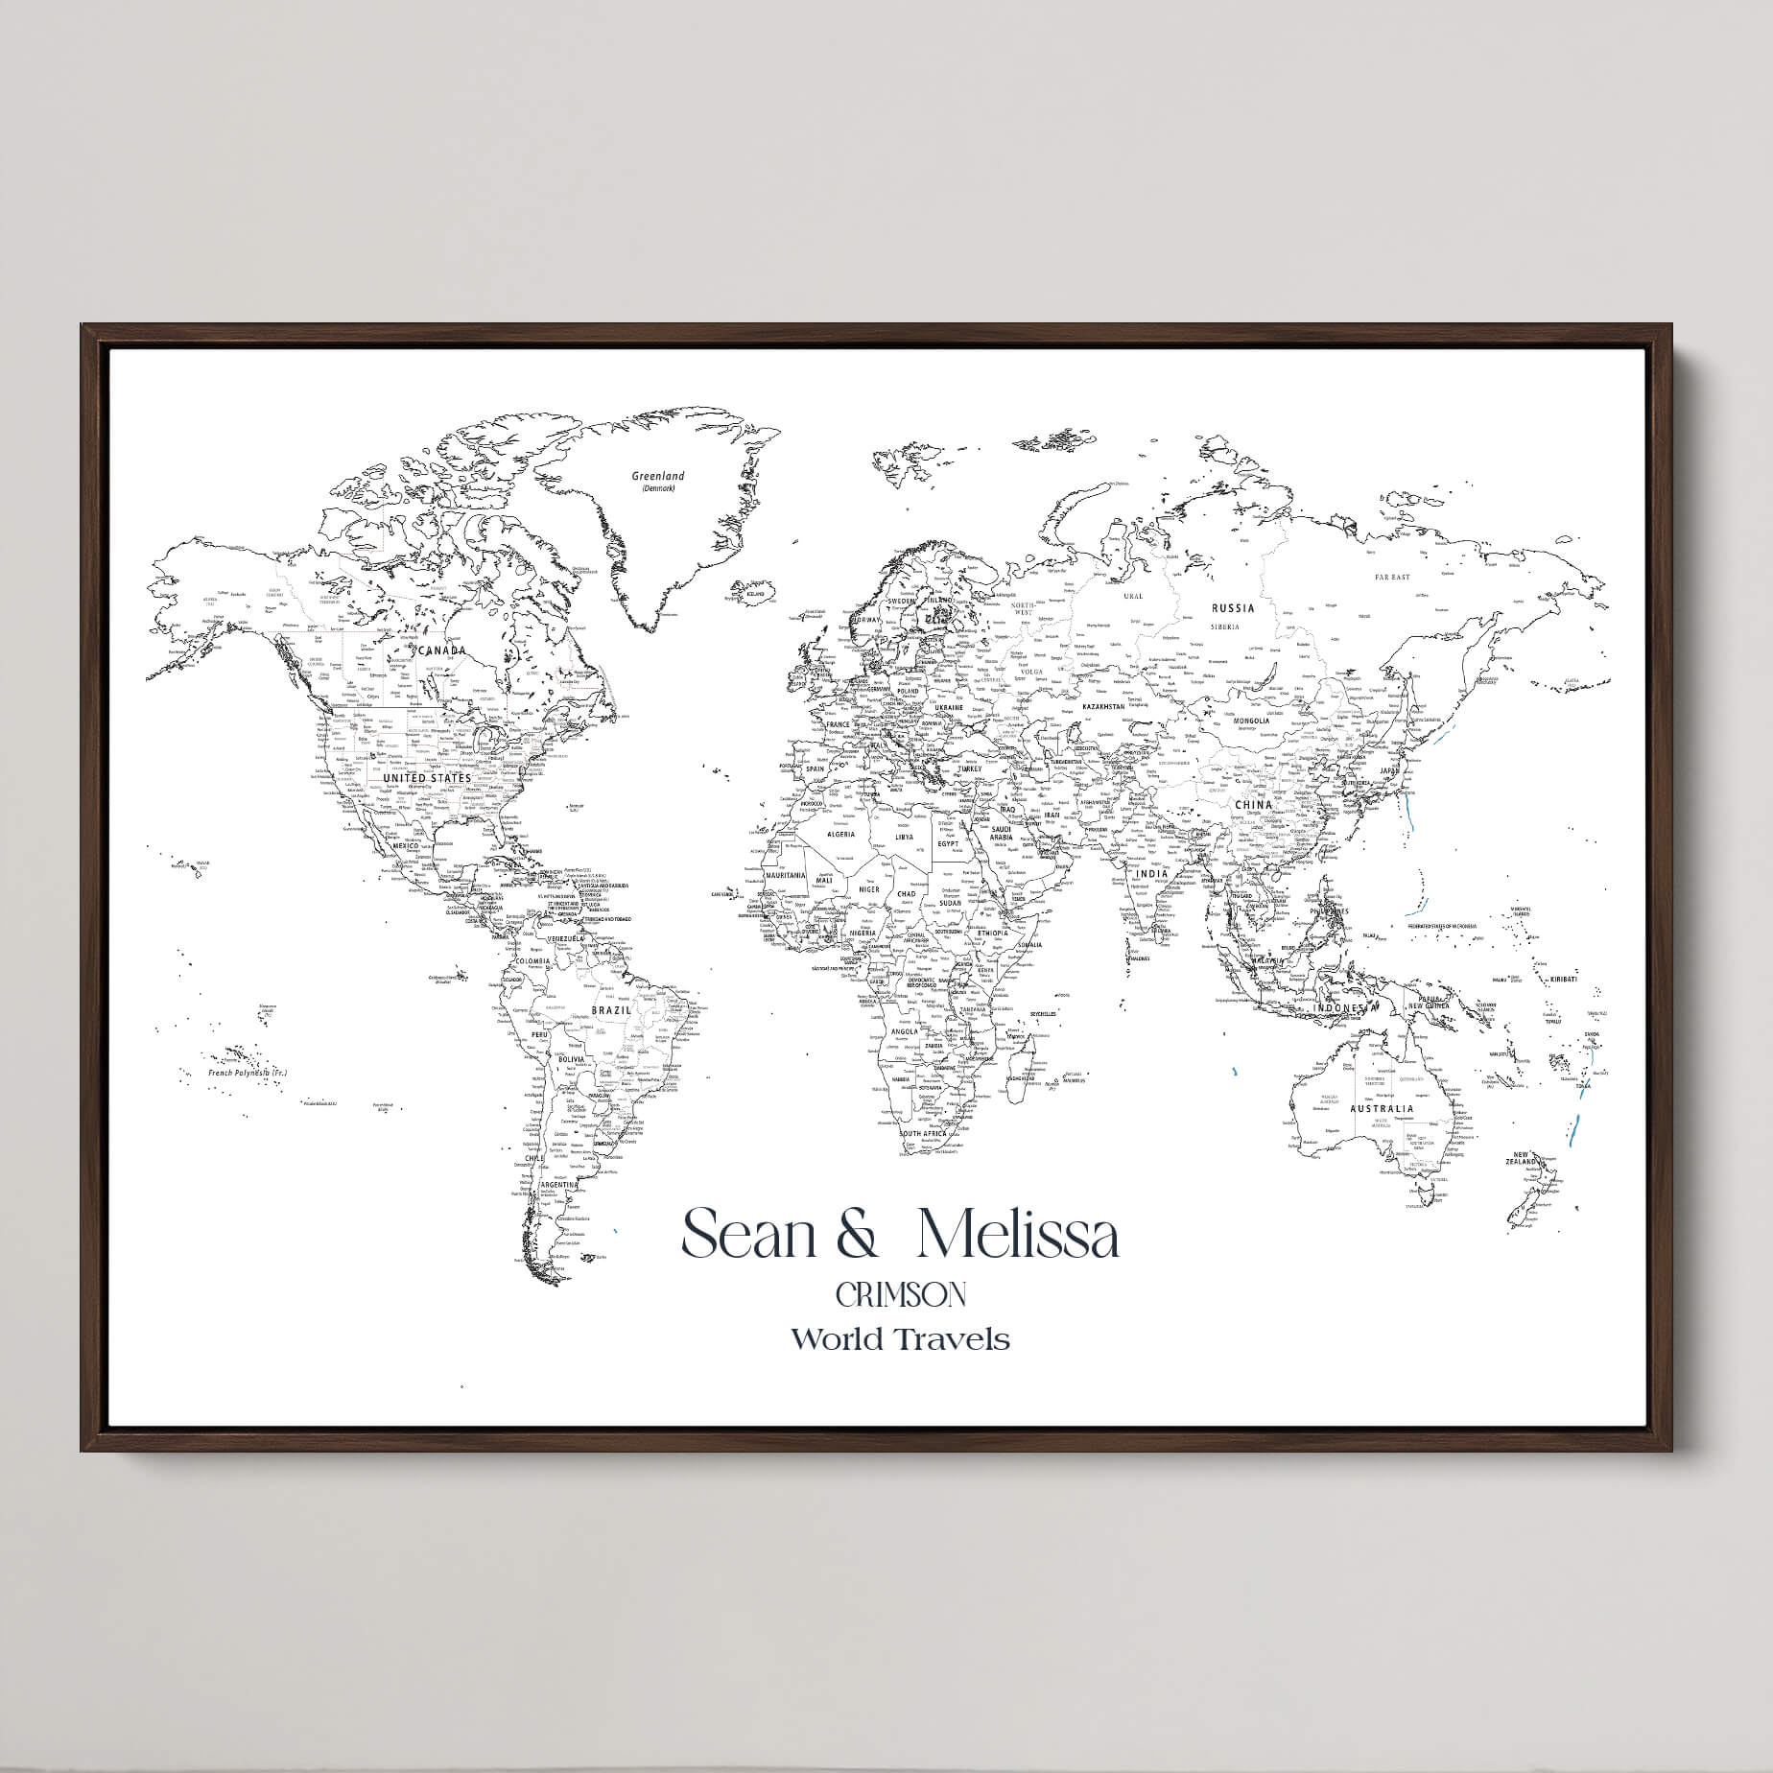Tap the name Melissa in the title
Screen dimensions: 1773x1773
point(1018,1236)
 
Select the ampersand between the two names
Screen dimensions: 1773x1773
point(857,1237)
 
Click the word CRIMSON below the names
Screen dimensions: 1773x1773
point(900,1295)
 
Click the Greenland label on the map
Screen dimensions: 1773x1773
point(658,476)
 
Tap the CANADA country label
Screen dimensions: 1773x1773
point(442,650)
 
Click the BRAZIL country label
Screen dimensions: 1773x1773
point(611,1010)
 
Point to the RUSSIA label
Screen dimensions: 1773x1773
point(1233,607)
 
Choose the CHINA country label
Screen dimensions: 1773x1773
point(1253,805)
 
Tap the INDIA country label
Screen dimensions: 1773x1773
point(1152,873)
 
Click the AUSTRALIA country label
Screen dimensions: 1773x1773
point(1381,1108)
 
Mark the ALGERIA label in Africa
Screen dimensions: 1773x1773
point(840,834)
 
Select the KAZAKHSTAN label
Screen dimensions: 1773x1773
point(1102,706)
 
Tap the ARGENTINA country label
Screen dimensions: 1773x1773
point(559,1185)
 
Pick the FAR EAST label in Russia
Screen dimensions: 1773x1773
point(1392,577)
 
